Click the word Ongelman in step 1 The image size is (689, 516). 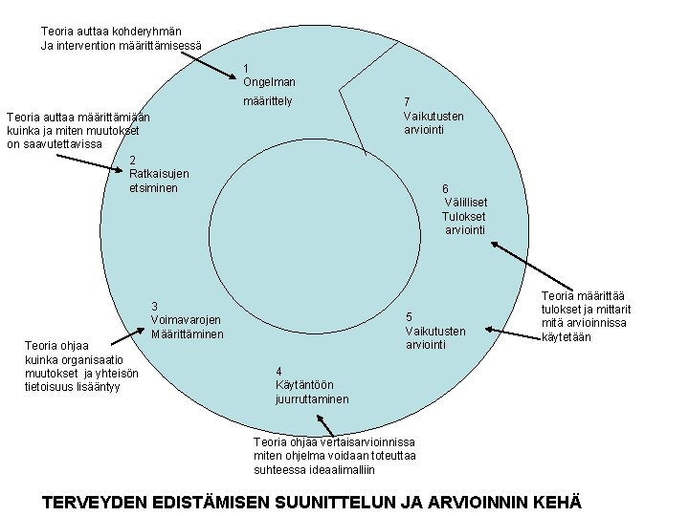pos(269,82)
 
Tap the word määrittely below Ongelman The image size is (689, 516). pos(268,101)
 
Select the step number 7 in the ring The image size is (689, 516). pos(407,102)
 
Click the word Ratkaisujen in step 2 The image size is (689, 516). pos(159,174)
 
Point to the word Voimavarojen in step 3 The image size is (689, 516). pos(186,320)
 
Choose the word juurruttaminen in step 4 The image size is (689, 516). pos(312,398)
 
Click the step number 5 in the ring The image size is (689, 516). pos(410,317)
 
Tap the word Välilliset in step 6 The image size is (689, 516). pos(466,203)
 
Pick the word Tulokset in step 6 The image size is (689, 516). pos(464,216)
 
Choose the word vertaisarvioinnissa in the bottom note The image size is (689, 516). pos(368,442)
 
